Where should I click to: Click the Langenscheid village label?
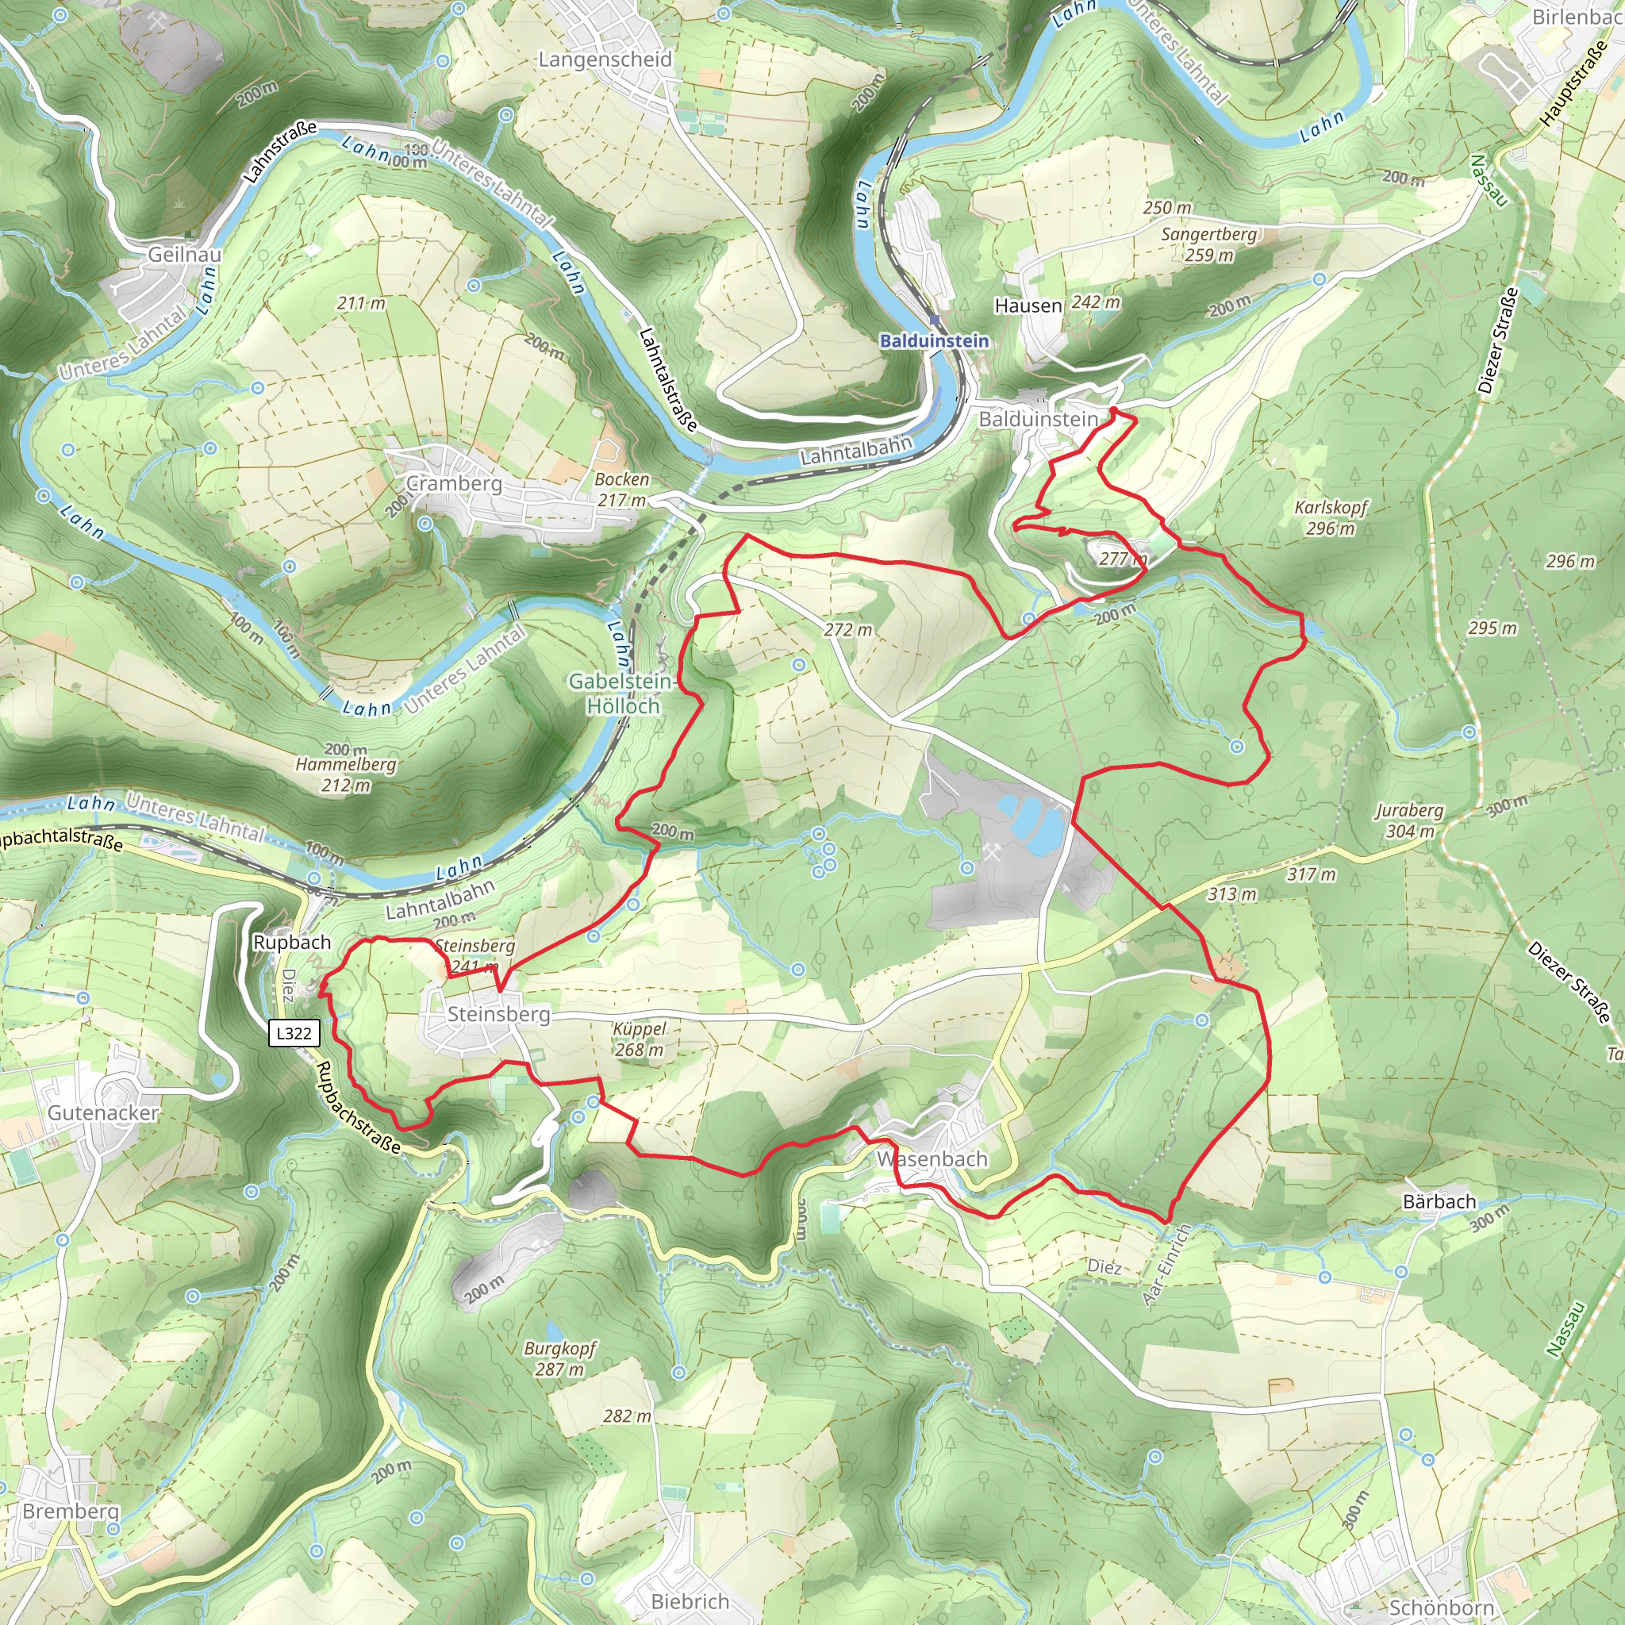point(605,60)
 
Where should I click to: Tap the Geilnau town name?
point(185,254)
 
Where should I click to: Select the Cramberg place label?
point(453,484)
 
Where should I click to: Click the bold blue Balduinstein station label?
point(934,340)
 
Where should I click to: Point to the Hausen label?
point(1028,305)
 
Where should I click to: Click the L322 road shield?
point(294,1033)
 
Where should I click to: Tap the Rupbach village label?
point(292,942)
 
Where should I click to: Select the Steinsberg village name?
point(498,1014)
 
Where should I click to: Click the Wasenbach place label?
point(932,1159)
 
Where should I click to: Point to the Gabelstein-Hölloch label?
point(621,693)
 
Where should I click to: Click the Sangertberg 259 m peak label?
point(1208,244)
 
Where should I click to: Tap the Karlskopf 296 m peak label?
point(1331,517)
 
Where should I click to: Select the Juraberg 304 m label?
point(1410,821)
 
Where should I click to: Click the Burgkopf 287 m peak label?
point(559,1358)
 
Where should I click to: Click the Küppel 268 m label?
point(640,1039)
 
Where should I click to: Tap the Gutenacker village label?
point(102,1112)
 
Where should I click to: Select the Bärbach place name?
point(1439,1202)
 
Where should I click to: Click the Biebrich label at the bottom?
point(690,1601)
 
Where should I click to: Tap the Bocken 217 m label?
point(622,489)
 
